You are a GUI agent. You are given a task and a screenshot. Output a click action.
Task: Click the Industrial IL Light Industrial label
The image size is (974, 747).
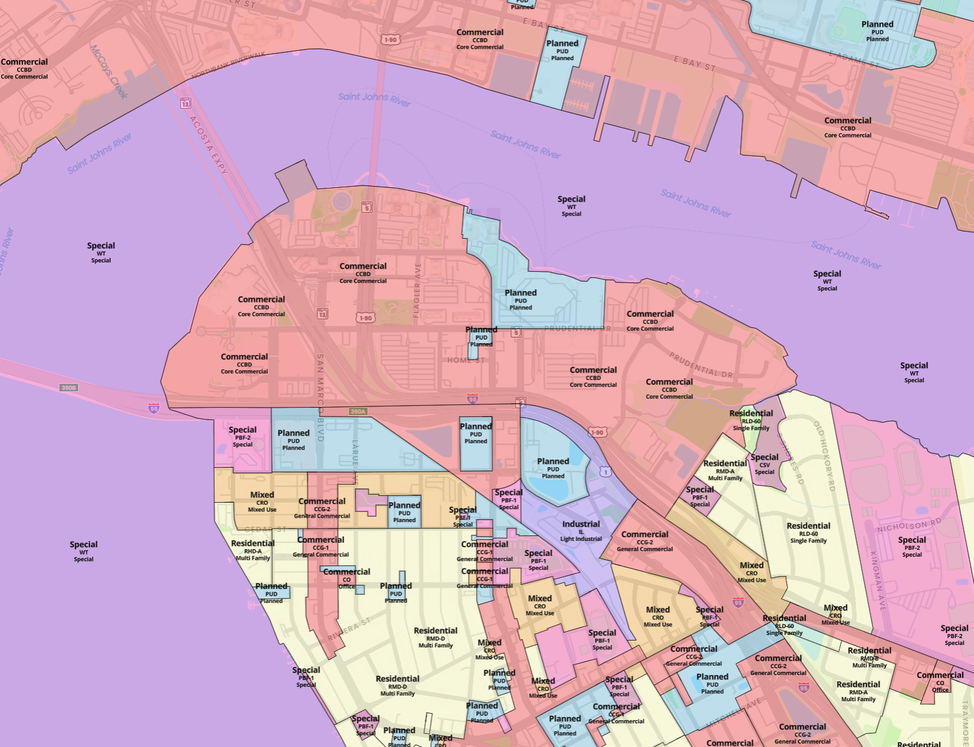[581, 530]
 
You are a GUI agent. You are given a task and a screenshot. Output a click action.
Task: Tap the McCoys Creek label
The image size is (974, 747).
[108, 71]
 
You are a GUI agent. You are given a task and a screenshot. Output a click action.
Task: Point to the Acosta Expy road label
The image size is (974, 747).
[209, 145]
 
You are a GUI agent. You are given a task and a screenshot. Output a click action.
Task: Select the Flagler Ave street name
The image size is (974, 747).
[417, 290]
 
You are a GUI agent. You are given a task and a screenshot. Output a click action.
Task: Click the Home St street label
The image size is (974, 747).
[466, 360]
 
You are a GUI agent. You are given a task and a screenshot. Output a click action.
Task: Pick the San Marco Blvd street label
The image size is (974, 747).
[320, 398]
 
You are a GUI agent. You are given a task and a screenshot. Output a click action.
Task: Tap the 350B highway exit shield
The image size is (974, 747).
[69, 388]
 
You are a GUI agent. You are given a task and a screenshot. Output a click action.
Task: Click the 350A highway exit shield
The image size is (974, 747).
[358, 411]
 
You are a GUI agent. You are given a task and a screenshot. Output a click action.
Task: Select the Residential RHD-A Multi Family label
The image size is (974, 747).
[253, 550]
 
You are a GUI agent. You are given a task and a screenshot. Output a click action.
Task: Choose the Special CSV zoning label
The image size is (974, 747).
[764, 464]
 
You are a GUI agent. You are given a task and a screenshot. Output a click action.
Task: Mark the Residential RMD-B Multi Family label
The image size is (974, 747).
[870, 657]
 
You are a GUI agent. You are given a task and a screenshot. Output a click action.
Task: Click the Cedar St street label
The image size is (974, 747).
[266, 530]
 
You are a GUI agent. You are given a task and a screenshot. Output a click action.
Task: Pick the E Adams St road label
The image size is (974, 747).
[854, 59]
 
